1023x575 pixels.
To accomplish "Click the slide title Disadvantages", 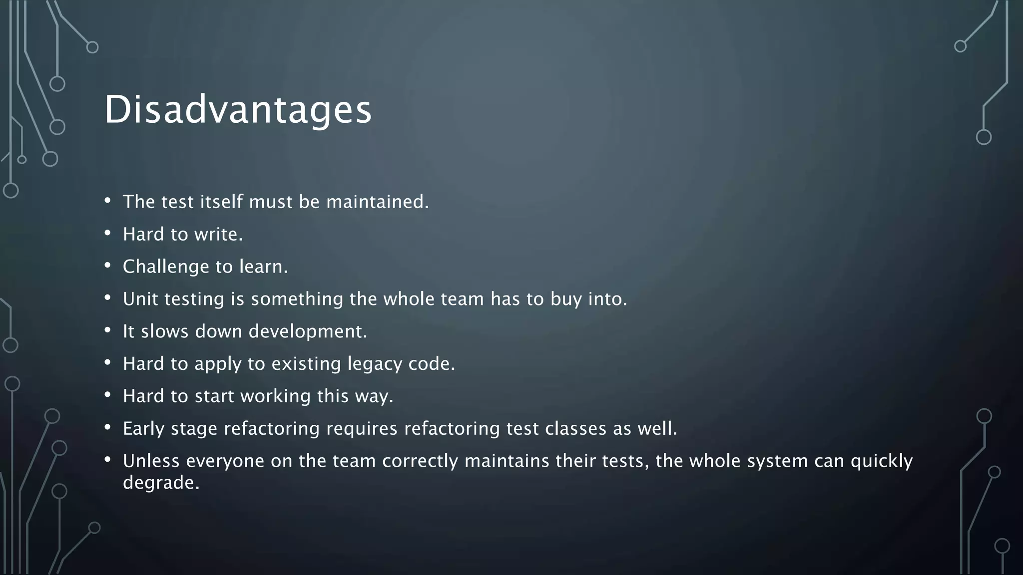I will [x=238, y=109].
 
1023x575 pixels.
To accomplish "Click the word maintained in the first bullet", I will [x=377, y=202].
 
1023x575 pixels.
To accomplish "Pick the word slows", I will [x=164, y=331].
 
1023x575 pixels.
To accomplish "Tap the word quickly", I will [x=882, y=461].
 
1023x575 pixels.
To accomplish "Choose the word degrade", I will [x=161, y=483].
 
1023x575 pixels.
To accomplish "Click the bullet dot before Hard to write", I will [x=107, y=233].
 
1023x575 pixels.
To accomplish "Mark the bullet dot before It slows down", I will [x=107, y=330].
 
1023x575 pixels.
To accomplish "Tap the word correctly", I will [x=420, y=461].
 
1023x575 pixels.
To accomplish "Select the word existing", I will [x=306, y=364].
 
